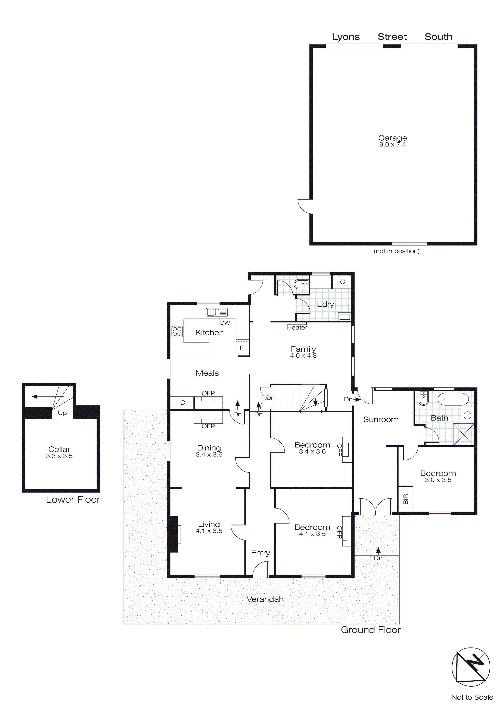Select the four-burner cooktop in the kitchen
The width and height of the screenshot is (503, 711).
click(x=177, y=332)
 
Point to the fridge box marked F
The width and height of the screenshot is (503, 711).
click(x=242, y=348)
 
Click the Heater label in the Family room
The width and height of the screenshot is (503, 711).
click(x=297, y=328)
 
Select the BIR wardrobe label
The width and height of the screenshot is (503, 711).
click(x=406, y=499)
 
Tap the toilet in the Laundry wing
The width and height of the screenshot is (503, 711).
click(x=301, y=284)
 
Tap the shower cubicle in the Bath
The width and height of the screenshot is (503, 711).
click(x=463, y=434)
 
